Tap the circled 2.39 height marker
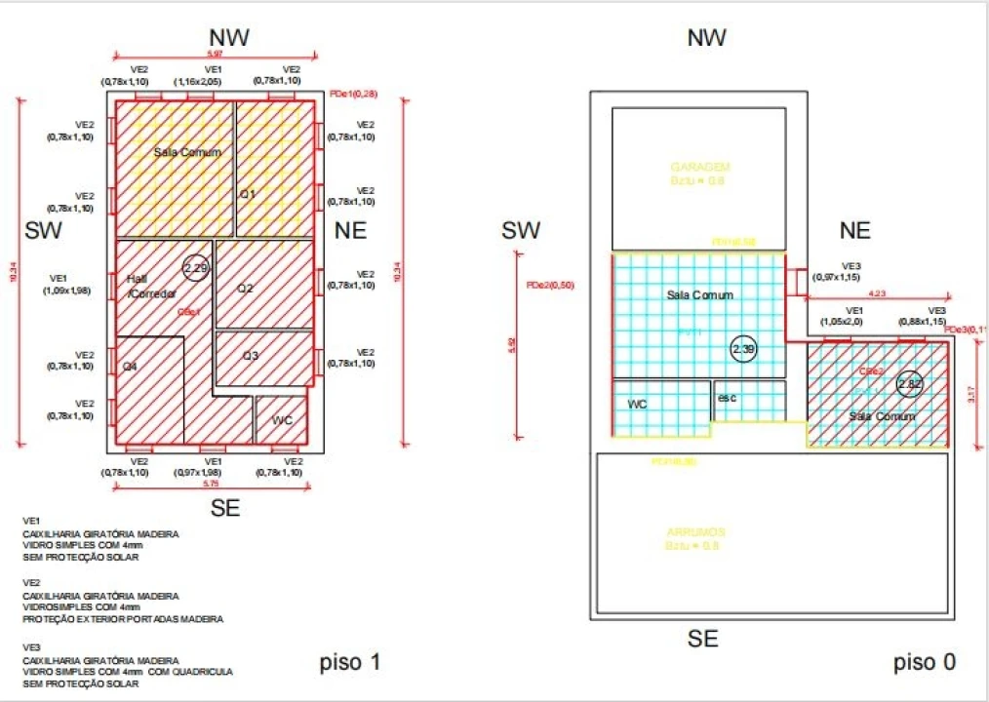tap(743, 348)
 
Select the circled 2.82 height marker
tap(909, 383)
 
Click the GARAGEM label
tap(699, 167)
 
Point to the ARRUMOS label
tap(694, 531)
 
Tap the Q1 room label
tap(248, 194)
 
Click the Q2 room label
tap(246, 289)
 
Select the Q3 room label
tap(251, 356)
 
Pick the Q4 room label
tap(130, 366)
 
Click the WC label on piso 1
tap(282, 420)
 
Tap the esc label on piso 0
tap(727, 398)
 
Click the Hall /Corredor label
tap(150, 286)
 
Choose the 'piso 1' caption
tap(349, 664)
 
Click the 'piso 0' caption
tap(924, 663)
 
